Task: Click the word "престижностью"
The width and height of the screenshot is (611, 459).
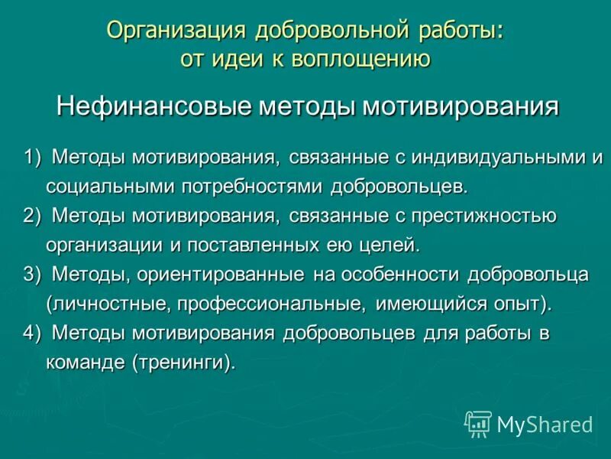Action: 484,216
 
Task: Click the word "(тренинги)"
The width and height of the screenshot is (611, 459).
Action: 183,362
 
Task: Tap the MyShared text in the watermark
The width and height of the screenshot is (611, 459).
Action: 545,423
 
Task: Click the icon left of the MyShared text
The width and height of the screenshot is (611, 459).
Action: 478,423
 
